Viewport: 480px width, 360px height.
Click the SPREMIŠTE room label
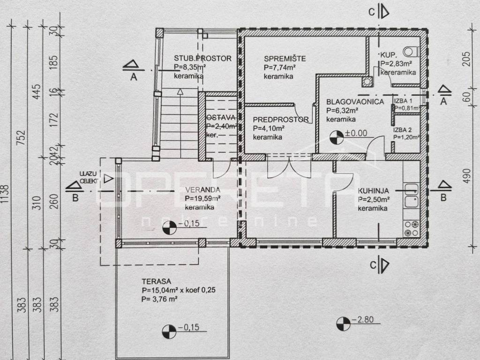(285, 59)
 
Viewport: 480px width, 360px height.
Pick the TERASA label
(155, 282)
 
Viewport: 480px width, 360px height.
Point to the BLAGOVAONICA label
(355, 102)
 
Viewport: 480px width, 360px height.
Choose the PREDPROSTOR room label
(280, 120)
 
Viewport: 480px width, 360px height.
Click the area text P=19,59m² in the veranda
(202, 199)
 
